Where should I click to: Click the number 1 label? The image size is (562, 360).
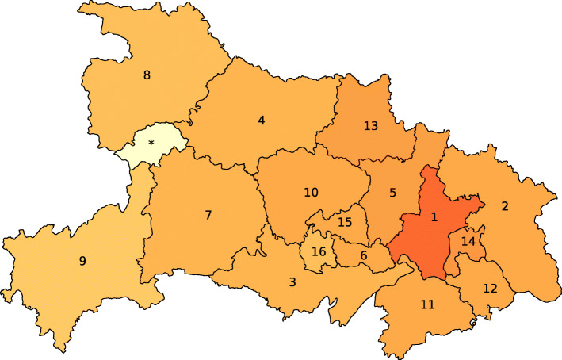434,216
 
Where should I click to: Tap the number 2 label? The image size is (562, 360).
504,206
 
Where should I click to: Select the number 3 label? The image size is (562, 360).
292,281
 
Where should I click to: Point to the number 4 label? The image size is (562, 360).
261,121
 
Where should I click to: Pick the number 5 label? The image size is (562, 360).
392,192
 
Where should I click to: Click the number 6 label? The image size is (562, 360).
363,255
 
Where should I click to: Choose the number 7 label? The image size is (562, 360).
208,215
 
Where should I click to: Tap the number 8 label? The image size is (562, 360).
147,75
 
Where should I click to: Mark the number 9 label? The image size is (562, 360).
82,261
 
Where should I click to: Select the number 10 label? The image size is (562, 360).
311,192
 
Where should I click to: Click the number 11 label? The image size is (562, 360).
428,304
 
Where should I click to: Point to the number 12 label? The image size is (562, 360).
490,288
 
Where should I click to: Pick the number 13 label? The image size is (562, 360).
371,125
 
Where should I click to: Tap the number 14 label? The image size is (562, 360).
468,241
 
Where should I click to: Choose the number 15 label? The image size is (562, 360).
344,222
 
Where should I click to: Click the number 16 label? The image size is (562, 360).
319,251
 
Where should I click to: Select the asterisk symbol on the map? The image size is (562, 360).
151,144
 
